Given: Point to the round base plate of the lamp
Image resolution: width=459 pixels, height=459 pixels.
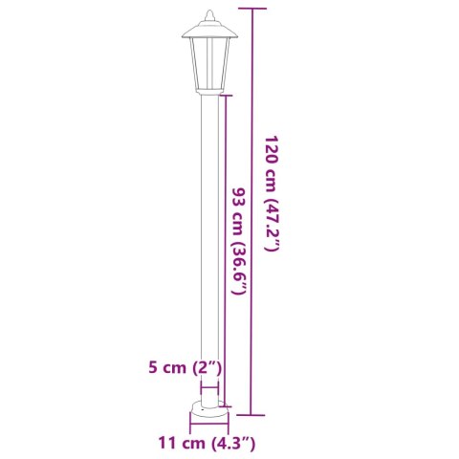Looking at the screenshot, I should (208, 410).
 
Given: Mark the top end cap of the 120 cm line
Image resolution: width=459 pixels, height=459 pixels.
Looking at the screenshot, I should (251, 8).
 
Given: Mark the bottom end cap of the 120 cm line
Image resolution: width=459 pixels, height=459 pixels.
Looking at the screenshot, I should (251, 415).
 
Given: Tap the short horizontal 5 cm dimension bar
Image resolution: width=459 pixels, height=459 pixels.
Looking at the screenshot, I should (209, 387).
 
